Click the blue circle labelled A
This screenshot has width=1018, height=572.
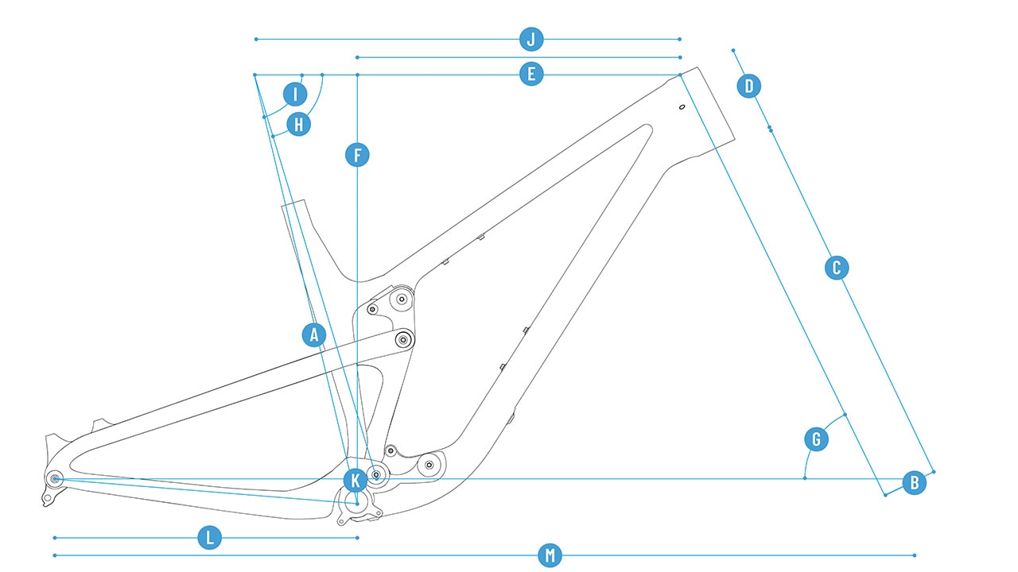[x=315, y=335]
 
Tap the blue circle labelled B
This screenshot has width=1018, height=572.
[x=914, y=482]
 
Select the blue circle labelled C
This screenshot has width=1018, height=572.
[x=836, y=268]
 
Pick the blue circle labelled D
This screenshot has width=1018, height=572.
[x=748, y=86]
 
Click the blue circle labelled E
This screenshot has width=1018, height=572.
[x=531, y=75]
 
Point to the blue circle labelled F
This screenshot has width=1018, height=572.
[x=358, y=155]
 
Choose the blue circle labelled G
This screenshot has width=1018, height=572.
[x=816, y=439]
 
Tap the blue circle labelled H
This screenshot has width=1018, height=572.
[x=298, y=124]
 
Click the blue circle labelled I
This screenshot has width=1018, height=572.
[x=295, y=95]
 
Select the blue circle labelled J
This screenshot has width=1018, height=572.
[x=531, y=39]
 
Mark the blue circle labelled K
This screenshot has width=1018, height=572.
[x=356, y=480]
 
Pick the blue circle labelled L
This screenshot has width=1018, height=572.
[x=209, y=538]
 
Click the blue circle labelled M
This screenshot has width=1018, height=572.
[x=549, y=555]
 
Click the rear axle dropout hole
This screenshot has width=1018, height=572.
[x=55, y=478]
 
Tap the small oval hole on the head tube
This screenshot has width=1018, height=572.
[x=682, y=107]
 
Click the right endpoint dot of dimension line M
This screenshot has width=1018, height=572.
[x=915, y=555]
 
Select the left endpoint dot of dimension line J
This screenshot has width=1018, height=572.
[x=255, y=39]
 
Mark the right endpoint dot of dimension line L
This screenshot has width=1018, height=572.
[x=358, y=538]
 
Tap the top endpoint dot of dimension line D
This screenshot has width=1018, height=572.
[x=733, y=50]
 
